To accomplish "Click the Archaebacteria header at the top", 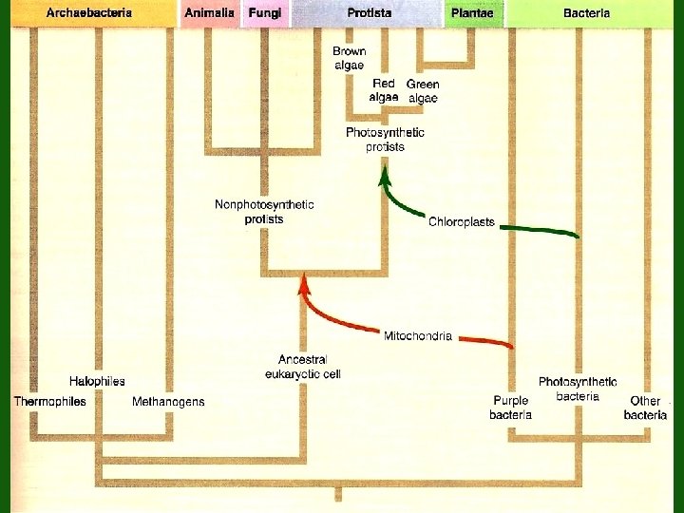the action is [89, 13].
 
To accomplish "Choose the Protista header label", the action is [370, 13].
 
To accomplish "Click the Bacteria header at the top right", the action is [586, 13].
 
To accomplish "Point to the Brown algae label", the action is [349, 58].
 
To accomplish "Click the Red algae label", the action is [384, 90].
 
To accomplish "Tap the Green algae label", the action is [423, 90].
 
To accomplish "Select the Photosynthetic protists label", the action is [385, 140].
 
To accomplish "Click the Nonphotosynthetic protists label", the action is [264, 212].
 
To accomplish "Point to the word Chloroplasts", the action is [462, 222].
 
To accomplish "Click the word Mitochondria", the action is [418, 335].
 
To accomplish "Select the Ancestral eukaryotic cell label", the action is [302, 367].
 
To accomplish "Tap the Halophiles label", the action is [97, 381].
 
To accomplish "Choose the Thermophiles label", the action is [49, 402].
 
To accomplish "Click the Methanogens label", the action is [168, 402].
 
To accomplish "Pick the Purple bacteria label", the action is [510, 408].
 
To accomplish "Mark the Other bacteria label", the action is [645, 408].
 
